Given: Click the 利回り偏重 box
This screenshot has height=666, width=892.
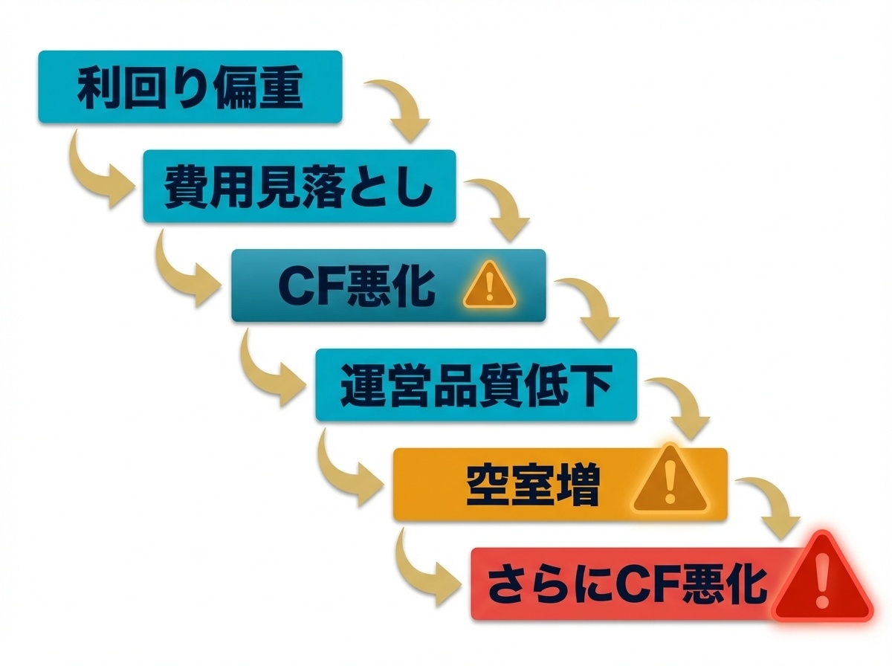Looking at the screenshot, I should [190, 87].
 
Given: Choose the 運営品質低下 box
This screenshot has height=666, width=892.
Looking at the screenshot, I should [476, 385].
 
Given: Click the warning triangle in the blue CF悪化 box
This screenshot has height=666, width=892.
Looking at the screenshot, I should [488, 286].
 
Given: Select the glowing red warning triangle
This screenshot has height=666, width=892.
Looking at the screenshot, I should [821, 578].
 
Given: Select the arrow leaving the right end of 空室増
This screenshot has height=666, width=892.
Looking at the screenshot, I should [773, 509].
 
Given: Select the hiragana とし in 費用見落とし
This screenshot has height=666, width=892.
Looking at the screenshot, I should [402, 187].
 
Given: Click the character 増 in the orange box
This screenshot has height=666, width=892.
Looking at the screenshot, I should [575, 485].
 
